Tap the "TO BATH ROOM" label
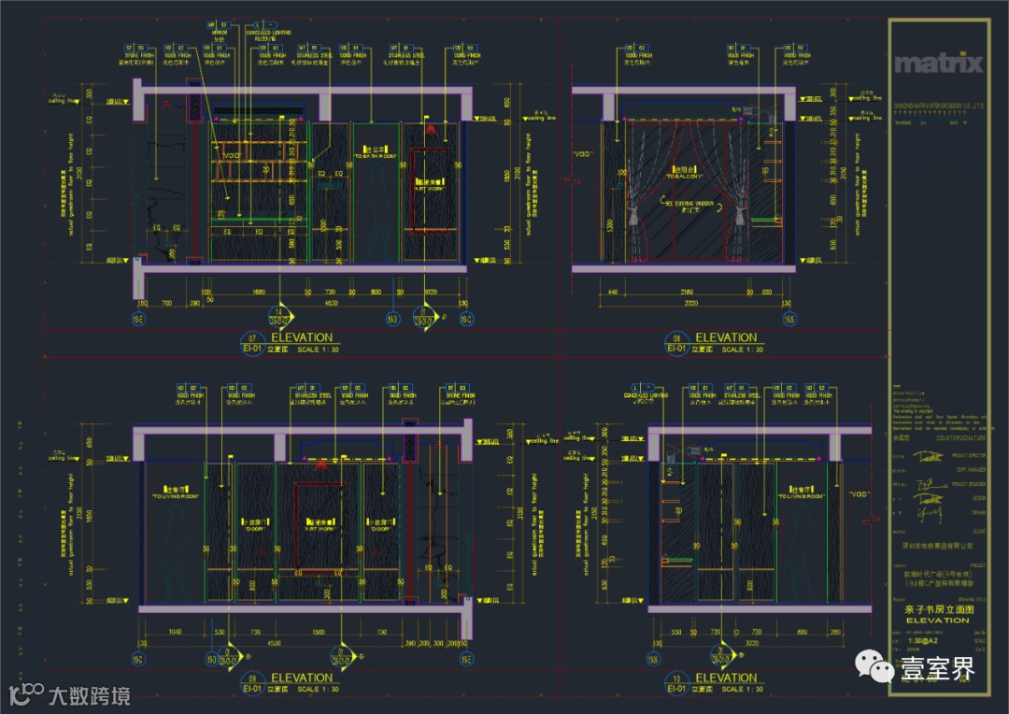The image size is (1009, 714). click(376, 155)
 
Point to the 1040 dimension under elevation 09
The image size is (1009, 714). click(174, 633)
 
